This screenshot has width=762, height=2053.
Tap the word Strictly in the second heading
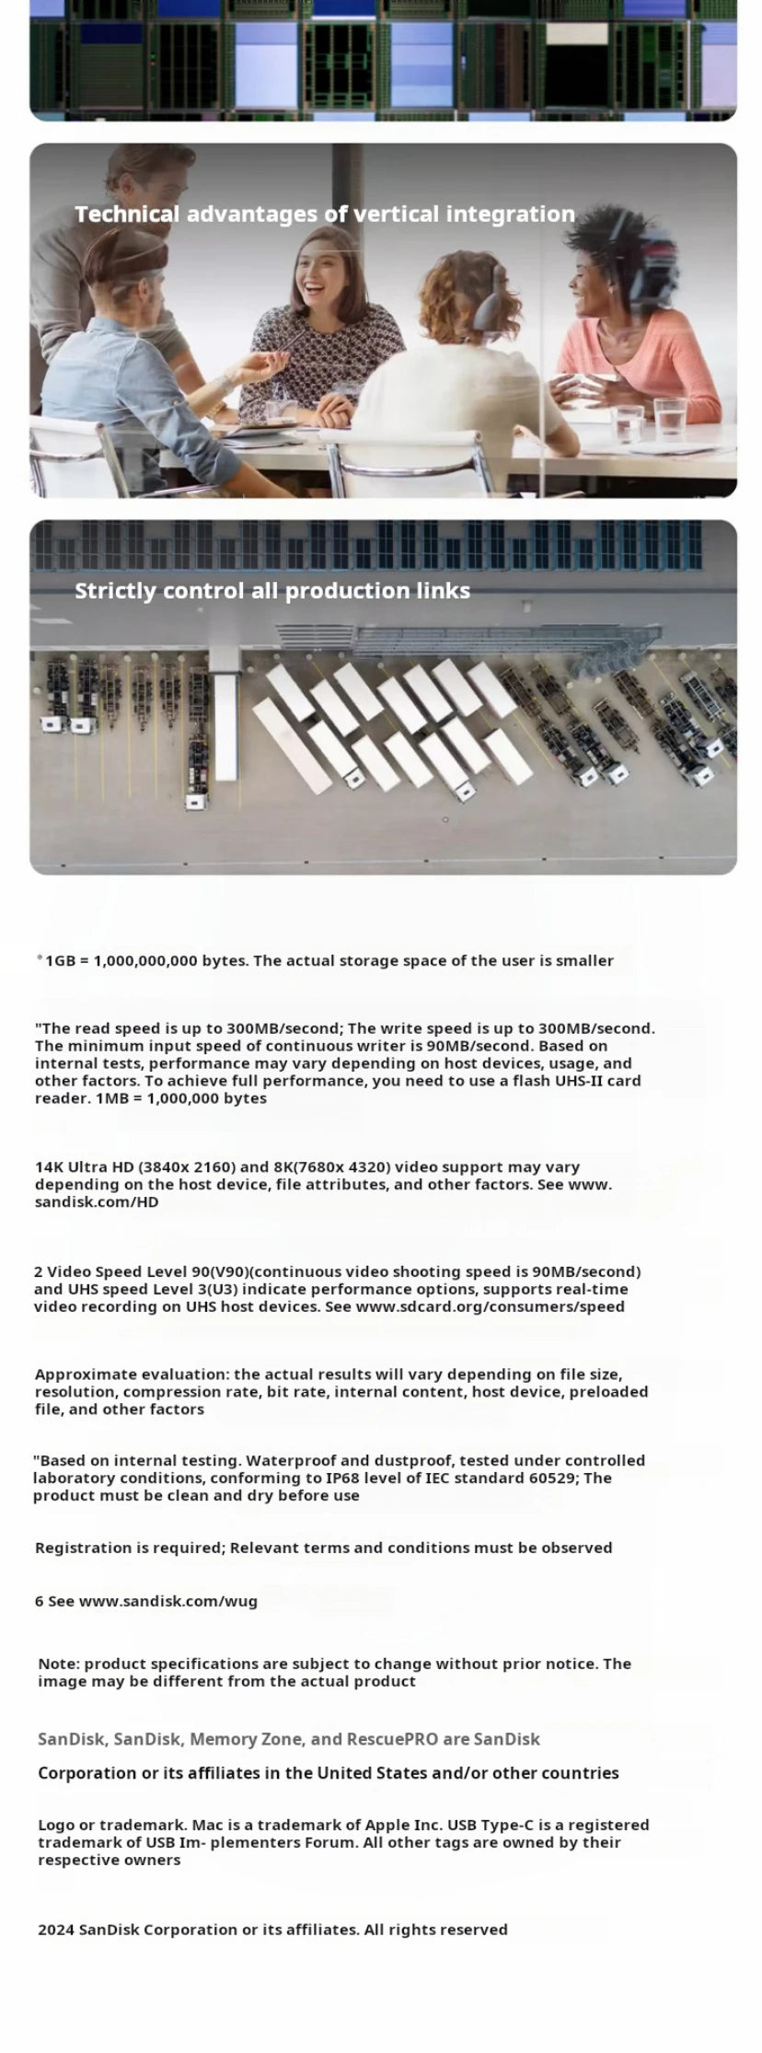coord(115,591)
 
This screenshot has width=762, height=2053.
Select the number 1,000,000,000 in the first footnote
coord(145,961)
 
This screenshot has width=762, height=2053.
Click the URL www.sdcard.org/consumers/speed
coord(490,1307)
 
